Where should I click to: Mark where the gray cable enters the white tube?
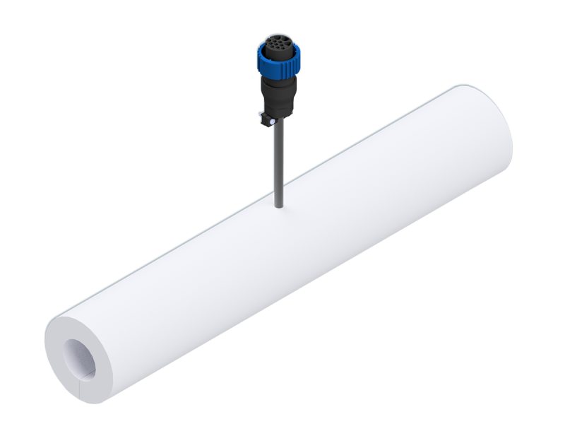click(279, 206)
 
